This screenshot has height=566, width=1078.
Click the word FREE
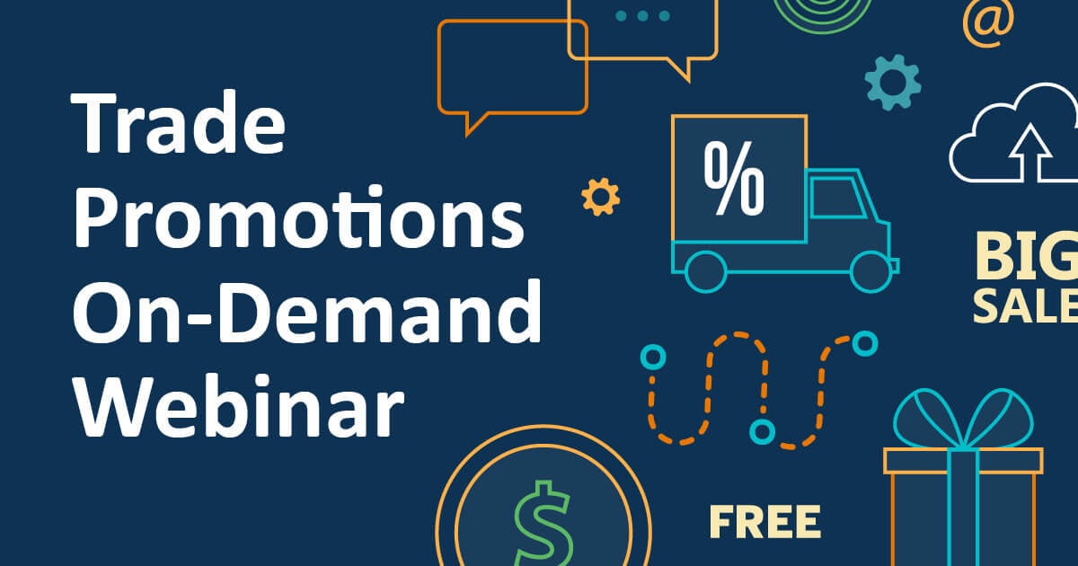pyautogui.click(x=764, y=522)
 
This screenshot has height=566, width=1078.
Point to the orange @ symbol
pyautogui.click(x=987, y=22)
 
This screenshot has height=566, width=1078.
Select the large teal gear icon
pyautogui.click(x=892, y=82)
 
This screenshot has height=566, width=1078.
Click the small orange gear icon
pyautogui.click(x=600, y=196)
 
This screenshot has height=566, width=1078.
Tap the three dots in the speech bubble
pyautogui.click(x=642, y=15)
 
